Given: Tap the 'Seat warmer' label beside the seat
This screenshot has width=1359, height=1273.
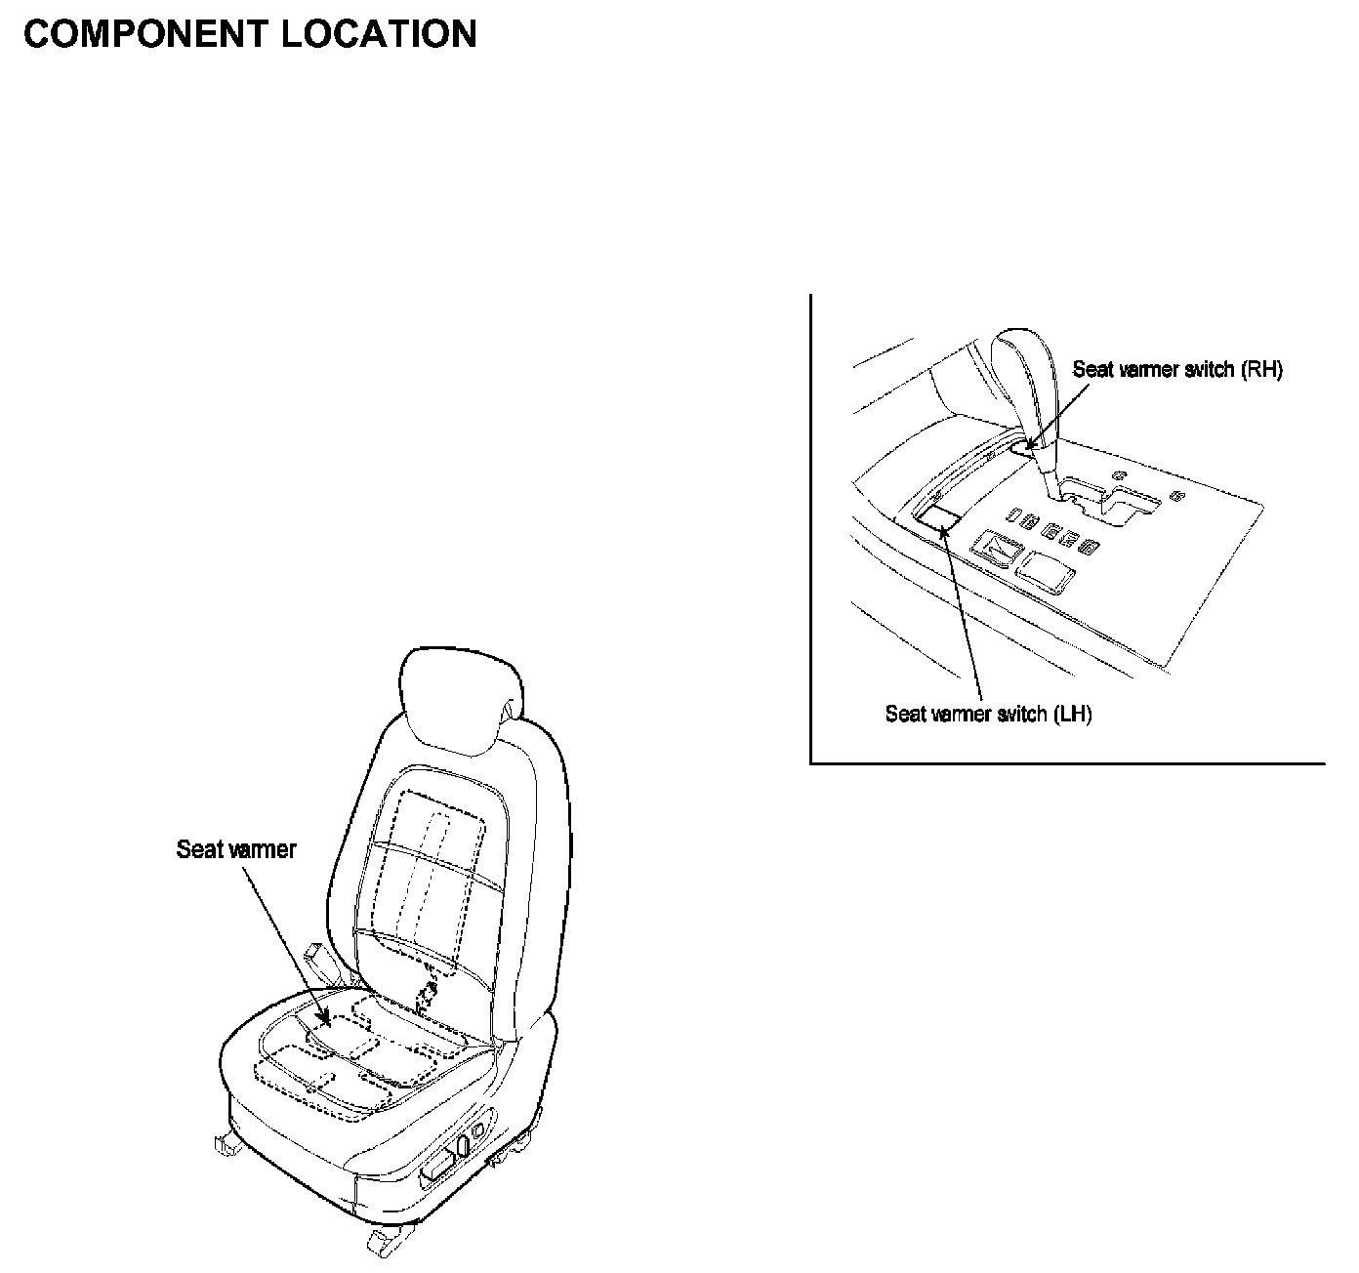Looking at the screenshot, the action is [235, 849].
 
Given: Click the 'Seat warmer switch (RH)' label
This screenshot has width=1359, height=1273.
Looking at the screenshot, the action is [1176, 370].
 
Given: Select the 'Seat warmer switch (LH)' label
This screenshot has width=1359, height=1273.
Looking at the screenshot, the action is [988, 714].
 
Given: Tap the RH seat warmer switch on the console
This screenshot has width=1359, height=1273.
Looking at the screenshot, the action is [1022, 447].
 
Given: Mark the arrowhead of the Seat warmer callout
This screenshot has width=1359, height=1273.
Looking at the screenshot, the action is [328, 1022].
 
